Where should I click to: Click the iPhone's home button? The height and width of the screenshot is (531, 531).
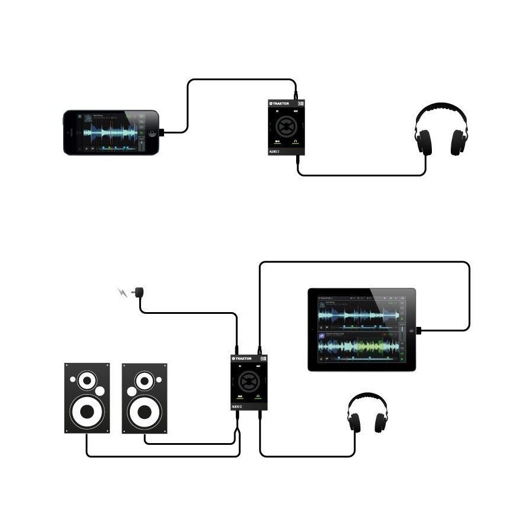click(153, 133)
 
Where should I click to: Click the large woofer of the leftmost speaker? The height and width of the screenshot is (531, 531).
click(87, 411)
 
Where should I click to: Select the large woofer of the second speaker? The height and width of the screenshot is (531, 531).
click(144, 411)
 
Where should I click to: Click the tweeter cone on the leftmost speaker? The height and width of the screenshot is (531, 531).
click(87, 381)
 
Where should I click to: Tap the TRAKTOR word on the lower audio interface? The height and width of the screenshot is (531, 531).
click(244, 358)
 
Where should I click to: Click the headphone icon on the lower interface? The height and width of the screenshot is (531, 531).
click(258, 396)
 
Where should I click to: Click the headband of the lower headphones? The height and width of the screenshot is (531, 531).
click(367, 398)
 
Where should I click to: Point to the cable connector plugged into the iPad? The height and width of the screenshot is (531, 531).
click(419, 330)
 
